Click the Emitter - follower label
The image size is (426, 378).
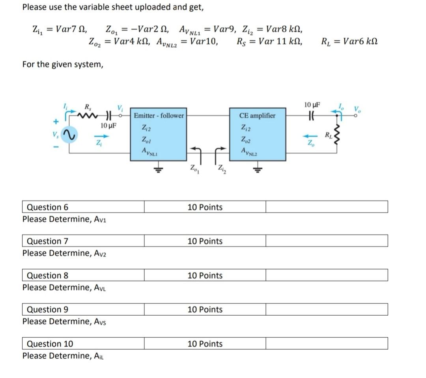pyautogui.click(x=159, y=116)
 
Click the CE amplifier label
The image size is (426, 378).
pyautogui.click(x=257, y=116)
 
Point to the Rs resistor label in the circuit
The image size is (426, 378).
pyautogui.click(x=87, y=106)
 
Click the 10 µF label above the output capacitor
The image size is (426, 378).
pyautogui.click(x=312, y=105)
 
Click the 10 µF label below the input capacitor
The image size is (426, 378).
pyautogui.click(x=108, y=126)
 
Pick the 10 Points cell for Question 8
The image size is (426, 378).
pyautogui.click(x=205, y=275)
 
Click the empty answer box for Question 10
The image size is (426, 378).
pyautogui.click(x=326, y=344)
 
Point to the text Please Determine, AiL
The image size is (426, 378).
pyautogui.click(x=63, y=356)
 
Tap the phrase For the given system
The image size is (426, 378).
pyautogui.click(x=63, y=64)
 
